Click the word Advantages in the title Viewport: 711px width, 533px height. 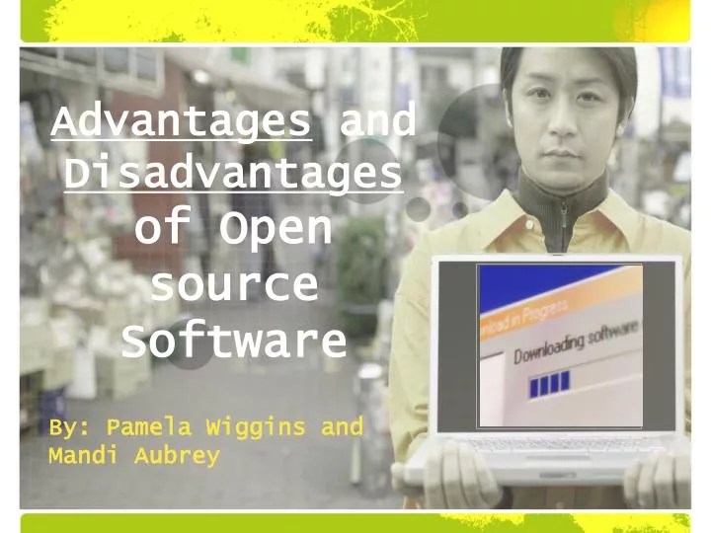[182, 123]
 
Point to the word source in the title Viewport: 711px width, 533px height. [234, 285]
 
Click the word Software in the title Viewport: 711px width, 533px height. [234, 341]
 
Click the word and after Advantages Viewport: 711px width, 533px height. [376, 123]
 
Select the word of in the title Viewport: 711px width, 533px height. [159, 229]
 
